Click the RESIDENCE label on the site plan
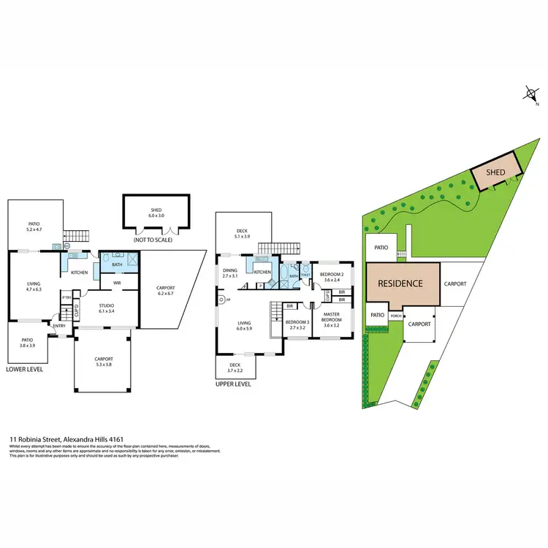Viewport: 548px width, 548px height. click(x=400, y=283)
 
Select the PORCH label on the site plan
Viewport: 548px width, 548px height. click(x=396, y=316)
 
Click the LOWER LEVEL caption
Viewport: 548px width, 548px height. click(x=24, y=370)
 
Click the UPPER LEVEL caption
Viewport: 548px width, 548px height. click(x=234, y=384)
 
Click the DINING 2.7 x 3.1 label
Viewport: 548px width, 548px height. click(x=231, y=273)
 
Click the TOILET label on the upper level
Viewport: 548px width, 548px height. click(x=305, y=275)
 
